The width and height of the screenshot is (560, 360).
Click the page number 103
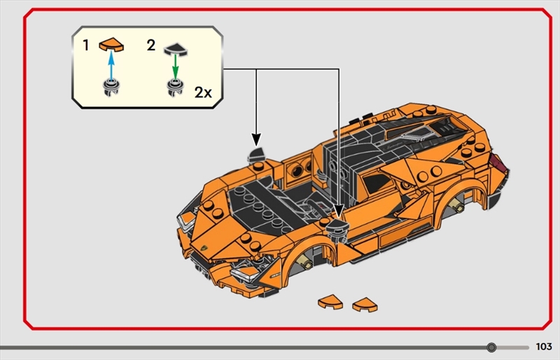tap(544, 347)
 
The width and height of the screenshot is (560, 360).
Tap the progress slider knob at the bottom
tap(491, 347)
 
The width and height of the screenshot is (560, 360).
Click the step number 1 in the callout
tap(85, 46)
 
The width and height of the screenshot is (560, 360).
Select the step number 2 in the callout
tap(151, 45)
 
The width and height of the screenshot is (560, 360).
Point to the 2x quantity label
tap(203, 92)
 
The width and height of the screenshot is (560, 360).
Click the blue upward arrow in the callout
tap(111, 65)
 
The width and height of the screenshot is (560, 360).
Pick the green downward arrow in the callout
tap(175, 67)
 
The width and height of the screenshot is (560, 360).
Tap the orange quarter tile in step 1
tap(111, 45)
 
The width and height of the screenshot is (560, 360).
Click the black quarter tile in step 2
tap(176, 50)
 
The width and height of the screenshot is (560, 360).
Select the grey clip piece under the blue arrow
tap(111, 88)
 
